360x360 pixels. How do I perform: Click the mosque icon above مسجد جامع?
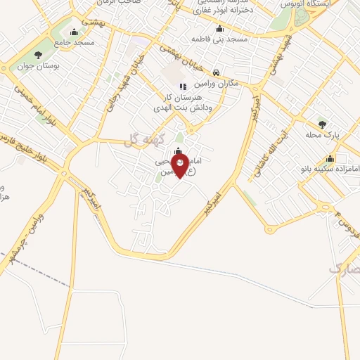[x=75, y=32]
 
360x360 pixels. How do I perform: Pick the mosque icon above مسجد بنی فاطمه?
[x=219, y=29]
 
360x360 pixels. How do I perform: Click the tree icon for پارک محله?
[x=322, y=123]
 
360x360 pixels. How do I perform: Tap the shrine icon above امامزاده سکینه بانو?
[x=329, y=157]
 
